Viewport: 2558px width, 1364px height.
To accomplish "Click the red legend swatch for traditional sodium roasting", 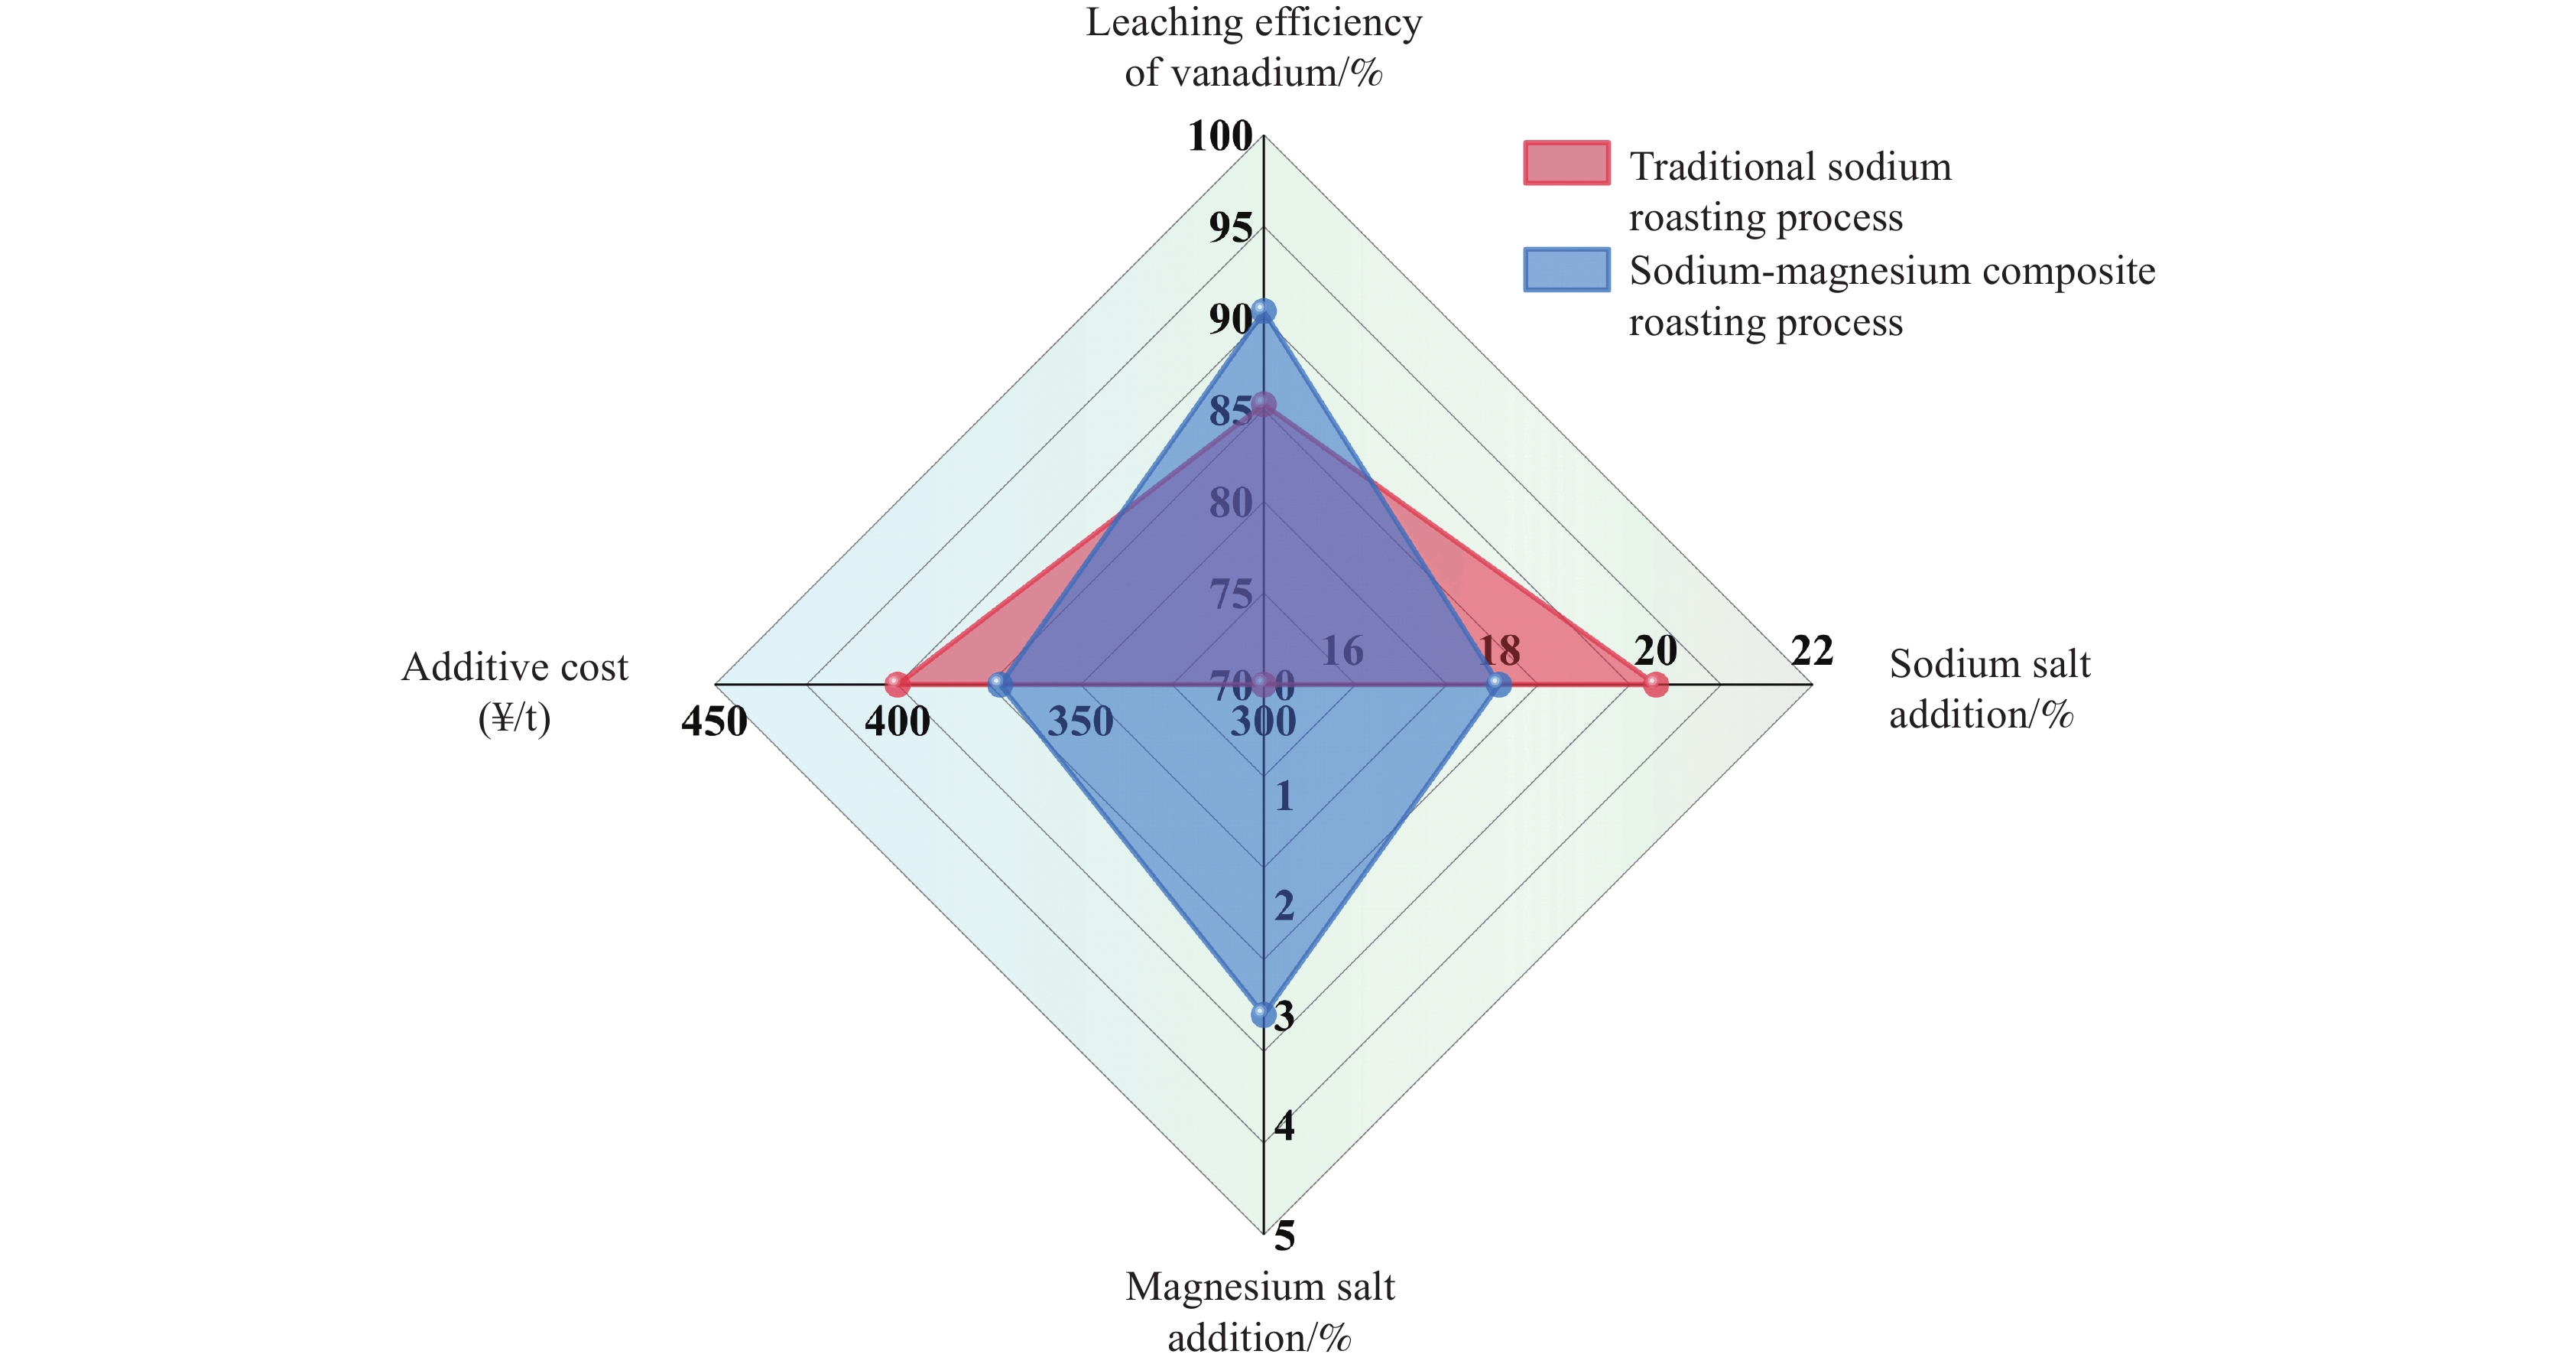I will coord(1566,164).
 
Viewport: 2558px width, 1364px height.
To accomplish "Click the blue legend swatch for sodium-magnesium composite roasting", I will coord(1566,269).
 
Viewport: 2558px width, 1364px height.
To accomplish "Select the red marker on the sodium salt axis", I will coord(1654,685).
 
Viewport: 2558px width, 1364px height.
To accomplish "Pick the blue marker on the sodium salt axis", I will coord(1498,685).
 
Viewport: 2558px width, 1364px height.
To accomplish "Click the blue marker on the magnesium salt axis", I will coord(1263,1014).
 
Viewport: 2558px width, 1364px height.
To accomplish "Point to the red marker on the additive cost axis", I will coord(898,685).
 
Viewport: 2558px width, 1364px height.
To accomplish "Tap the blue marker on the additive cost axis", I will coord(1000,685).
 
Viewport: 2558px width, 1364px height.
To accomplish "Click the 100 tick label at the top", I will coord(1219,136).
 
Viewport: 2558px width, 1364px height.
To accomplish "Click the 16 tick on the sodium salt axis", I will coord(1342,652).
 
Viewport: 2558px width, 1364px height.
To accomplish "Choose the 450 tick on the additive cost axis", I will coord(714,721).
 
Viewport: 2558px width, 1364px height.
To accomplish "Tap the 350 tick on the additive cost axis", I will coord(1079,721).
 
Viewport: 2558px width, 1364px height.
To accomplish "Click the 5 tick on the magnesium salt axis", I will coord(1284,1235).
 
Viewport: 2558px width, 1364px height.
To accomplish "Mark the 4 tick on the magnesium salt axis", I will coord(1284,1125).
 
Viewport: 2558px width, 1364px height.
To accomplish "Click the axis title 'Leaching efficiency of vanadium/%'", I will coord(1253,47).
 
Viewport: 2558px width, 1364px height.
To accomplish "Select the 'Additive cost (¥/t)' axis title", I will coord(515,692).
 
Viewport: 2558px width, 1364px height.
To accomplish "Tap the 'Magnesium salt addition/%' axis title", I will coord(1259,1311).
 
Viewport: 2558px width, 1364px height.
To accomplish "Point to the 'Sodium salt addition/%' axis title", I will coord(1989,689).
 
